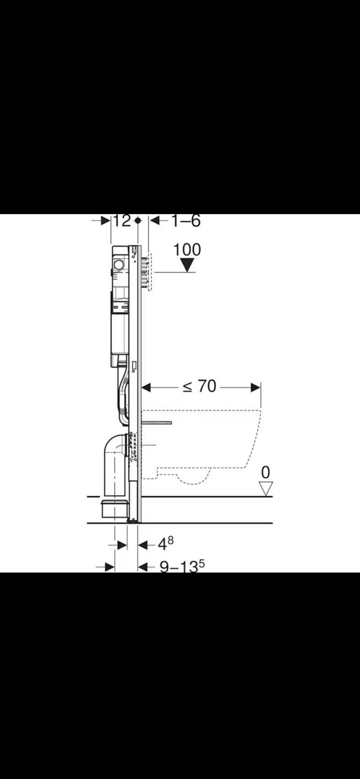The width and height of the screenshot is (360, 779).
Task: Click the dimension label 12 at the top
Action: tap(122, 220)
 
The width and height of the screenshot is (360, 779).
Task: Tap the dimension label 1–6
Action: tap(186, 220)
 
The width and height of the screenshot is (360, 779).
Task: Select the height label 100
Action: tap(187, 250)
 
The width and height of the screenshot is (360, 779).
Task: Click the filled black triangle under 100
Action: tap(187, 265)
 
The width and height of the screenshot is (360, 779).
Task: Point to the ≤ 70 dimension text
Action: tap(199, 386)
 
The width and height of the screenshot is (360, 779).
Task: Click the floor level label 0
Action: tap(265, 472)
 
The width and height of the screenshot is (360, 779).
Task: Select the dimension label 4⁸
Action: tap(165, 543)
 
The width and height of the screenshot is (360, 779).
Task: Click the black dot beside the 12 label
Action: tap(138, 221)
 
